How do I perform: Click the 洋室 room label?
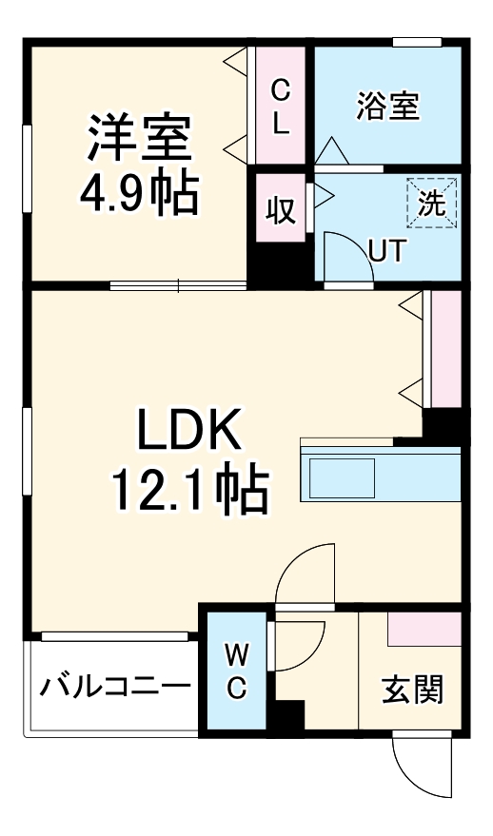pos(139,137)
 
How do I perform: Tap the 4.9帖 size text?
pos(139,194)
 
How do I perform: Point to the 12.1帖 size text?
pos(188,491)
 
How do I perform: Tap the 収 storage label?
pos(281,209)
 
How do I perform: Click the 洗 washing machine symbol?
pos(432,203)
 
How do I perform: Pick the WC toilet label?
pos(237,671)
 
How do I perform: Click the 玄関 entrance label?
pos(412,690)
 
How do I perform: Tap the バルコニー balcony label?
pos(115,686)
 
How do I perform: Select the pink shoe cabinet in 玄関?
pos(424,628)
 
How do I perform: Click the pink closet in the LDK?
pos(445,349)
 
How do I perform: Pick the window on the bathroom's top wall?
pos(417,42)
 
